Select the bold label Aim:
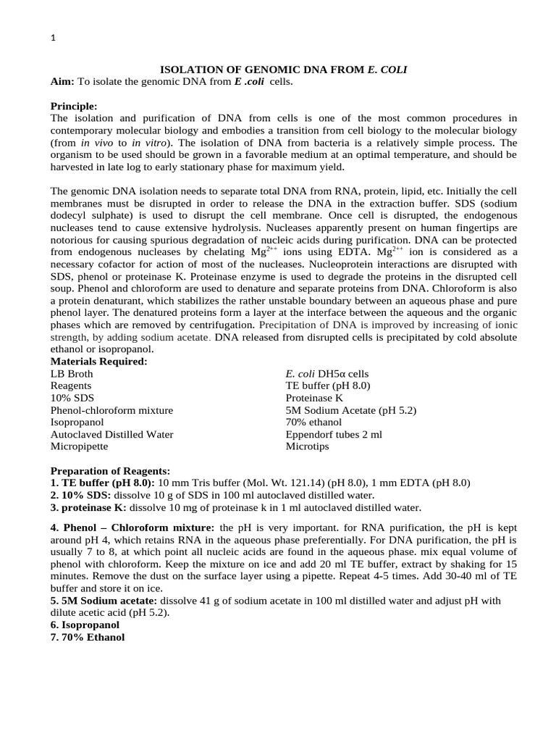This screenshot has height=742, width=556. (62, 82)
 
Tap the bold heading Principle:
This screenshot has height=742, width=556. (73, 106)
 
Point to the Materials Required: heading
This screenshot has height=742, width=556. (98, 361)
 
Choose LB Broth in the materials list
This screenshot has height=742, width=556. (72, 373)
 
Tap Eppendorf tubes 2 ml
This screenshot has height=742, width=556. (334, 434)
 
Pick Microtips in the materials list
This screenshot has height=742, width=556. (307, 446)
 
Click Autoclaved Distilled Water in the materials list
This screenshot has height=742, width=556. (111, 434)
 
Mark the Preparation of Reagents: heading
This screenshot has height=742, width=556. (110, 470)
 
